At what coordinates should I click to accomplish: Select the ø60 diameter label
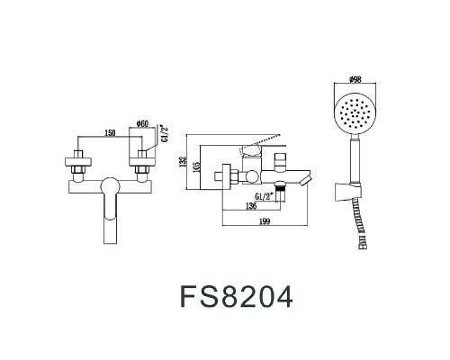(142, 124)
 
